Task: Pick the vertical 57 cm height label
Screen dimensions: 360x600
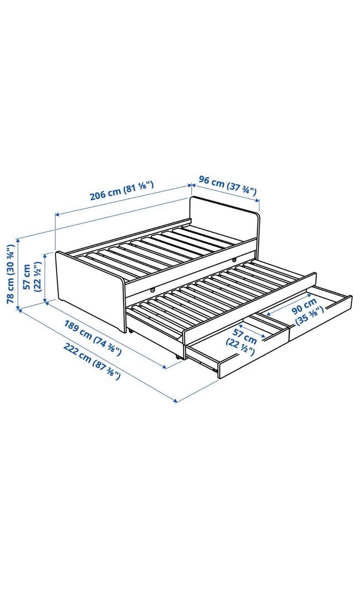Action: pyautogui.click(x=31, y=277)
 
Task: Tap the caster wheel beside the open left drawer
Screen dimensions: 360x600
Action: pyautogui.click(x=177, y=357)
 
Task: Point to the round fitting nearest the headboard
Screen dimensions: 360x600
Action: pyautogui.click(x=235, y=259)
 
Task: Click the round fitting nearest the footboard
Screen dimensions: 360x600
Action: pyautogui.click(x=153, y=290)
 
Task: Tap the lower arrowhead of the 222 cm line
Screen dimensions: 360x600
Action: pyautogui.click(x=175, y=401)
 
